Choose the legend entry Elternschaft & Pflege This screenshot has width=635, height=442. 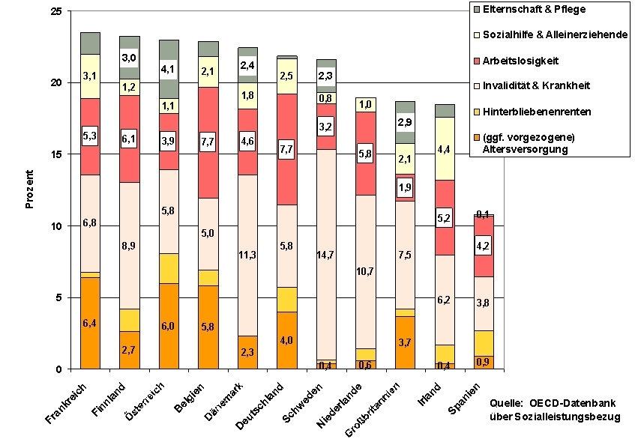[534, 10]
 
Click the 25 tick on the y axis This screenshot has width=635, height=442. [55, 10]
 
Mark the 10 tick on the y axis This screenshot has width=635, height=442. [55, 225]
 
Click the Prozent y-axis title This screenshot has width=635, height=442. [30, 190]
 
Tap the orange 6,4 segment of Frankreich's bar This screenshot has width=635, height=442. [90, 323]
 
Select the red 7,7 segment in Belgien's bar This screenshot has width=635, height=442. [208, 142]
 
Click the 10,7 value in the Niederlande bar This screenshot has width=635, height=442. [365, 272]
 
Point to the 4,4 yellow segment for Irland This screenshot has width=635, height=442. [445, 148]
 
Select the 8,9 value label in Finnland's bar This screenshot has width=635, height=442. [129, 245]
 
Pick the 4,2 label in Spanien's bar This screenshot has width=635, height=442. [484, 245]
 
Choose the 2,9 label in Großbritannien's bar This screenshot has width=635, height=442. [406, 122]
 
